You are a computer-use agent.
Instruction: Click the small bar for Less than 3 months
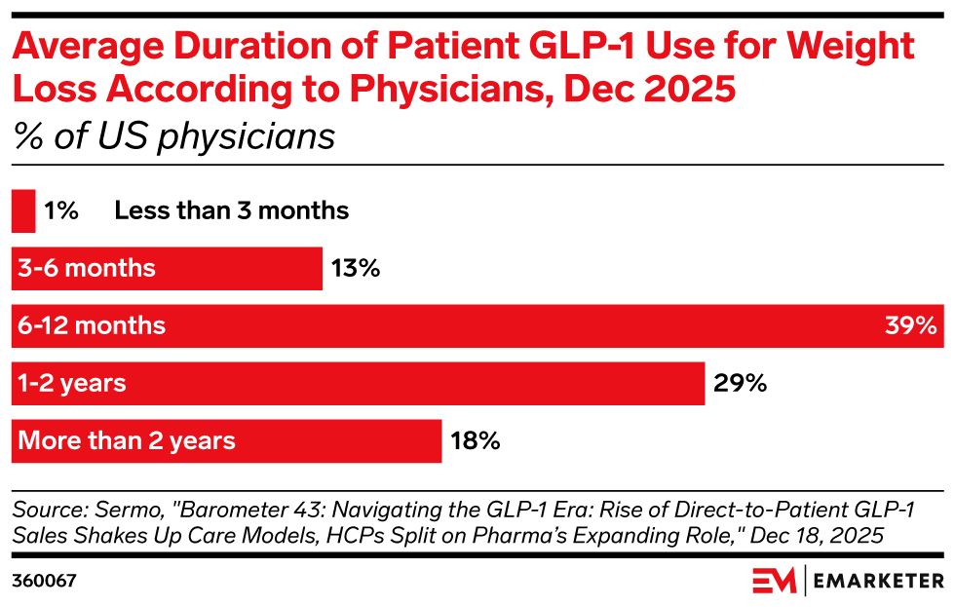click(x=23, y=210)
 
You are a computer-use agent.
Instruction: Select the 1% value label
click(x=60, y=210)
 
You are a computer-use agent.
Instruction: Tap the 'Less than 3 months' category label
click(x=231, y=210)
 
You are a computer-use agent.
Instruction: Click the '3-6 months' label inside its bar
click(x=87, y=268)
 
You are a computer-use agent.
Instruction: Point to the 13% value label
click(x=355, y=268)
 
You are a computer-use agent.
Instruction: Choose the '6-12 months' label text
click(x=92, y=325)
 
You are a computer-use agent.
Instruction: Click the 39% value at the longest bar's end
click(x=910, y=325)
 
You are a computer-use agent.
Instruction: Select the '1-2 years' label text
click(x=72, y=383)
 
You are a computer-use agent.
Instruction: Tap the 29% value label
click(x=741, y=383)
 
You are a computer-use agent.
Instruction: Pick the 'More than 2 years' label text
click(x=127, y=440)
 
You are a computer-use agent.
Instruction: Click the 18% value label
click(x=475, y=440)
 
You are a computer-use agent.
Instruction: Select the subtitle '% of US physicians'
click(x=173, y=136)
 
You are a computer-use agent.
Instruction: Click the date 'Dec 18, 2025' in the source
click(x=825, y=535)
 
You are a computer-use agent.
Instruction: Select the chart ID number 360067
click(x=44, y=581)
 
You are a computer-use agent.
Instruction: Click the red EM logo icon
click(x=774, y=581)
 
